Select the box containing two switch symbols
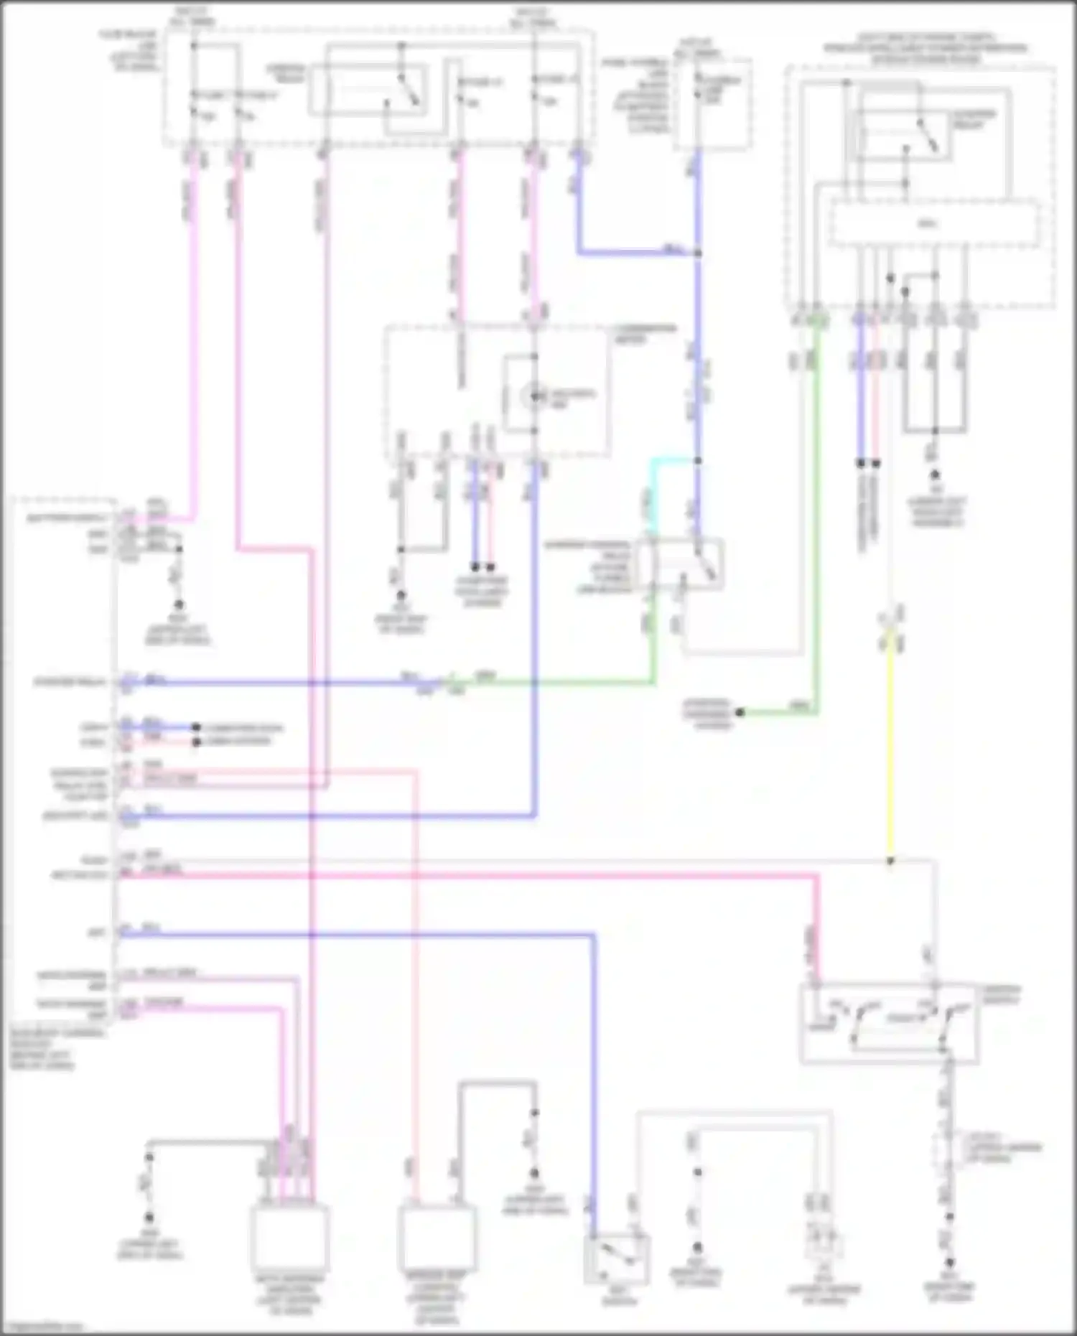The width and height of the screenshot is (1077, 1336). coord(889,1023)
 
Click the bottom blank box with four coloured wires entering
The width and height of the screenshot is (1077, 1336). coord(289,1238)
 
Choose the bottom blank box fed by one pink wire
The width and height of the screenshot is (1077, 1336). coord(437,1238)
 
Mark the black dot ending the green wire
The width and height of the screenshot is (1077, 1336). coord(740,712)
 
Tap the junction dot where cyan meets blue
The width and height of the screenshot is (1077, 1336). coord(697,461)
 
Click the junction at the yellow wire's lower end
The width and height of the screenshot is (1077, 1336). coord(890,860)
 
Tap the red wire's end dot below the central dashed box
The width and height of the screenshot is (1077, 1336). coord(490,566)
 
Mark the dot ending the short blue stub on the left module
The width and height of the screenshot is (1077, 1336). coord(195,727)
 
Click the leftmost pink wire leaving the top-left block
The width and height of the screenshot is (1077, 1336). coord(194,323)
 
